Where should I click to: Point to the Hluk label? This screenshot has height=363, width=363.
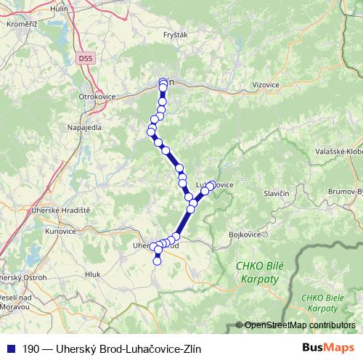pos(92,274)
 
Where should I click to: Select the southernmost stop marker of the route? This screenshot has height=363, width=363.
pos(157,261)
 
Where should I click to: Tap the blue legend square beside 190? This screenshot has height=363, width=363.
pos(9,348)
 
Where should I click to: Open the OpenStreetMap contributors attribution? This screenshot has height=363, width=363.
pos(299,325)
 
